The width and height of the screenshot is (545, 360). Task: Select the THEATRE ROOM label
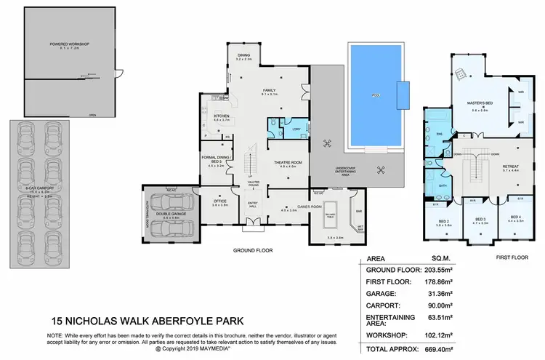tap(282, 161)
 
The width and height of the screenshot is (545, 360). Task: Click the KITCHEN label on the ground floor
tap(222, 116)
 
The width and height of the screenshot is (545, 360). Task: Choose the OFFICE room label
tap(220, 201)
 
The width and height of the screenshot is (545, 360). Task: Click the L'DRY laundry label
tap(296, 129)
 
